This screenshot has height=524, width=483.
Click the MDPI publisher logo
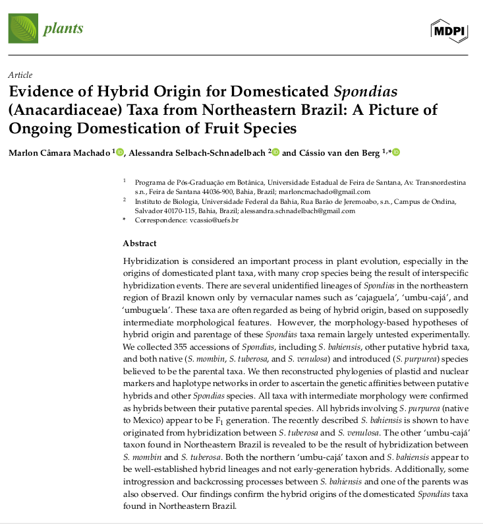(449, 28)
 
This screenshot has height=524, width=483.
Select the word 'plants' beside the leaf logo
(63, 28)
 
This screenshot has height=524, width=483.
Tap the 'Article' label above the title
(20, 75)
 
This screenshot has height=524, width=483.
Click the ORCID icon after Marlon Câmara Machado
(119, 152)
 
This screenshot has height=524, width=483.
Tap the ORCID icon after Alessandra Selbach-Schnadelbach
(275, 152)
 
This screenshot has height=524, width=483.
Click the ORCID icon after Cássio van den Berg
(396, 152)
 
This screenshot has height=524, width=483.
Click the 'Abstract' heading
(140, 244)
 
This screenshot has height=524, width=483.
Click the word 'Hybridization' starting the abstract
(152, 261)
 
